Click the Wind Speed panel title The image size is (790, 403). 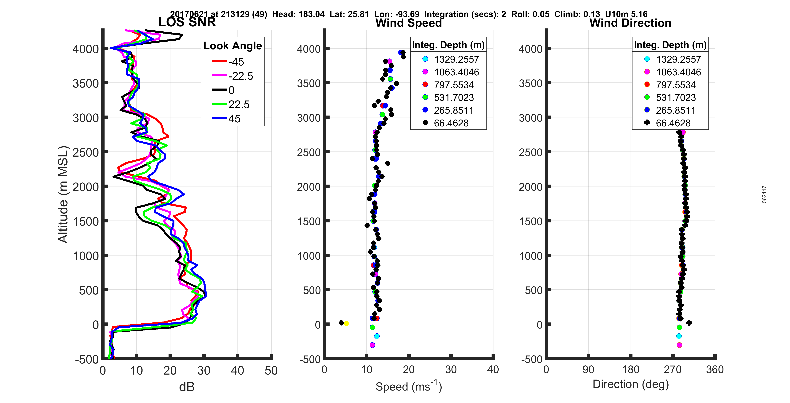tap(409, 23)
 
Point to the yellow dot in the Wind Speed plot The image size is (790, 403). tap(346, 323)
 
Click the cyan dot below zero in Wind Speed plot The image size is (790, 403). tap(377, 336)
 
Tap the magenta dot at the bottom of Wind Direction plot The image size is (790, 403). tap(679, 345)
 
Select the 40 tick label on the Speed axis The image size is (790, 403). tap(493, 369)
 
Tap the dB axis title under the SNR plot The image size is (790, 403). tap(187, 387)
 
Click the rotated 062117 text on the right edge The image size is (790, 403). tap(764, 194)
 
